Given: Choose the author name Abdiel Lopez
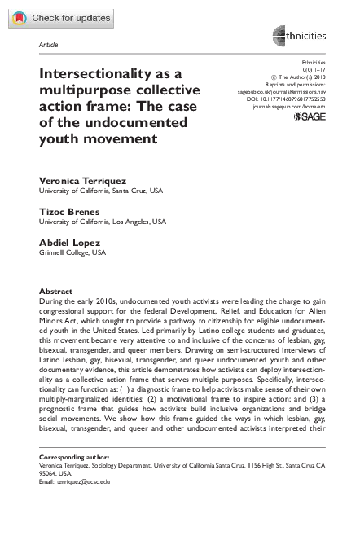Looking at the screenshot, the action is click(72, 243).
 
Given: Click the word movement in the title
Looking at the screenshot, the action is click(121, 138).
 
